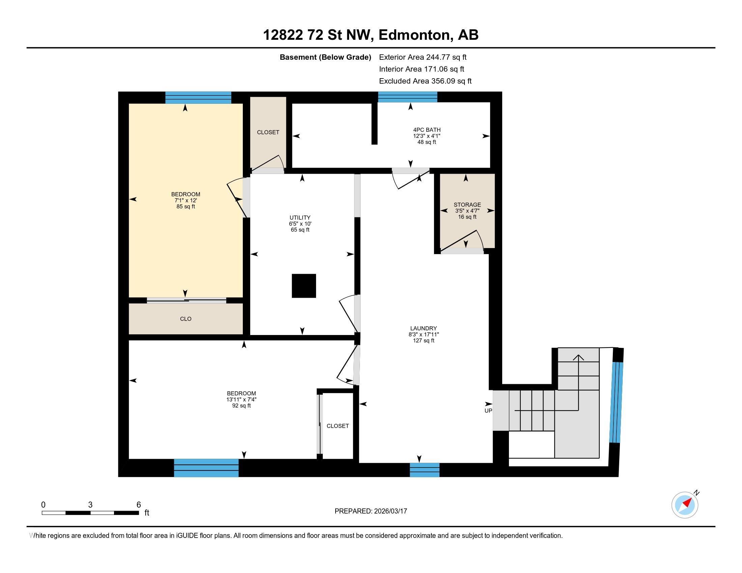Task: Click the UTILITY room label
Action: [x=299, y=218]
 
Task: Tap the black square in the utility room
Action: [x=304, y=286]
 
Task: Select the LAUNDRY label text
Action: [x=423, y=328]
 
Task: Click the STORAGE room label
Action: [x=467, y=205]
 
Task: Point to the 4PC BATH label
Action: [x=427, y=130]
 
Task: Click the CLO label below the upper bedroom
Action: [x=185, y=319]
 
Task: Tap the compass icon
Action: [x=685, y=505]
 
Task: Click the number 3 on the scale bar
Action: [x=90, y=505]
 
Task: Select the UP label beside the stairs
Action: [x=488, y=411]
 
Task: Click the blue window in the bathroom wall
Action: [x=407, y=97]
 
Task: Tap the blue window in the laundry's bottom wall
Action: [x=424, y=470]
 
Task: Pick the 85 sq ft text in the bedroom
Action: [x=185, y=206]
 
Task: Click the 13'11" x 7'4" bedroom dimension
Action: [x=241, y=399]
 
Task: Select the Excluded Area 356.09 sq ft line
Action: [x=425, y=81]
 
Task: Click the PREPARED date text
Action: [x=371, y=511]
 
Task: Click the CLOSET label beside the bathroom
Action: [x=268, y=132]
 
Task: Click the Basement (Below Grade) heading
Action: [x=325, y=57]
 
